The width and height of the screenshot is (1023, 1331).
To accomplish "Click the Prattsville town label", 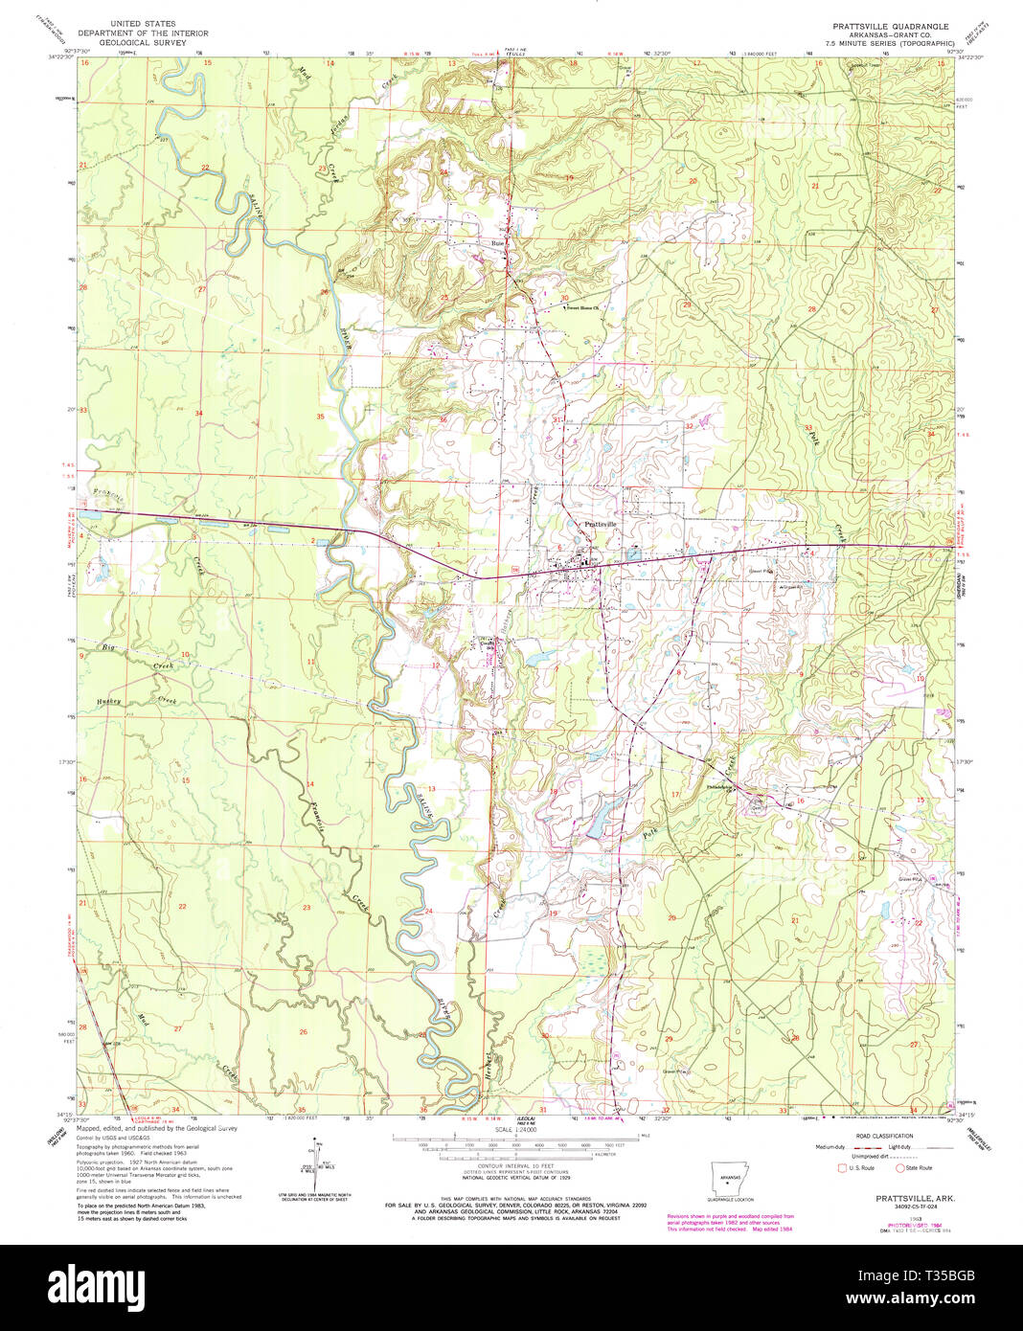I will (602, 525).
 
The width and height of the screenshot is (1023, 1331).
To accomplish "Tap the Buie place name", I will (497, 242).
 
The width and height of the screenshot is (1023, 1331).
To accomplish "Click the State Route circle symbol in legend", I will (899, 1168).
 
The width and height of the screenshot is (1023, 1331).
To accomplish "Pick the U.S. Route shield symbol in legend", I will (842, 1168).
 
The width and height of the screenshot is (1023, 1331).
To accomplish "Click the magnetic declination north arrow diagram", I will (314, 1161).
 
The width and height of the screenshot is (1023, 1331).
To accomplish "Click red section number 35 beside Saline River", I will (321, 417).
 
